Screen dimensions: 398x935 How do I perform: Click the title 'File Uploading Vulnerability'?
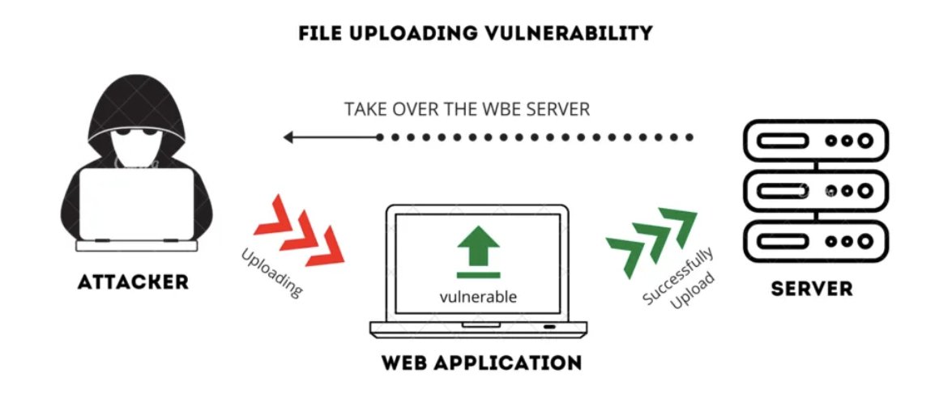pos(476,33)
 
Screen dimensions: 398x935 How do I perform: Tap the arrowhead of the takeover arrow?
pos(289,138)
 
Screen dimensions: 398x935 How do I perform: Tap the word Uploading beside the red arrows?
pos(272,273)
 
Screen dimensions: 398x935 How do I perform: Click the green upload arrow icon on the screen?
pos(477,248)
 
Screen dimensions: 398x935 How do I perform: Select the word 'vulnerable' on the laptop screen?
pos(478,296)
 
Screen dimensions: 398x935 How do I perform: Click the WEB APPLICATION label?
pos(481,362)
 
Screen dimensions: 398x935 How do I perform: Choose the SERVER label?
pos(813,289)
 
